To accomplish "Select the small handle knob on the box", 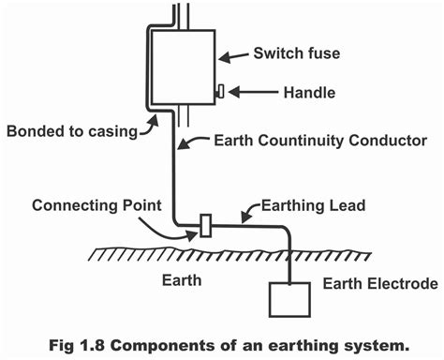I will coord(220,92).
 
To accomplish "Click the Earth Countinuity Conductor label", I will coord(319,141).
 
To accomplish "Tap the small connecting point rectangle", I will coord(205,226).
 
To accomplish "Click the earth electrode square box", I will coord(290,299).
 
